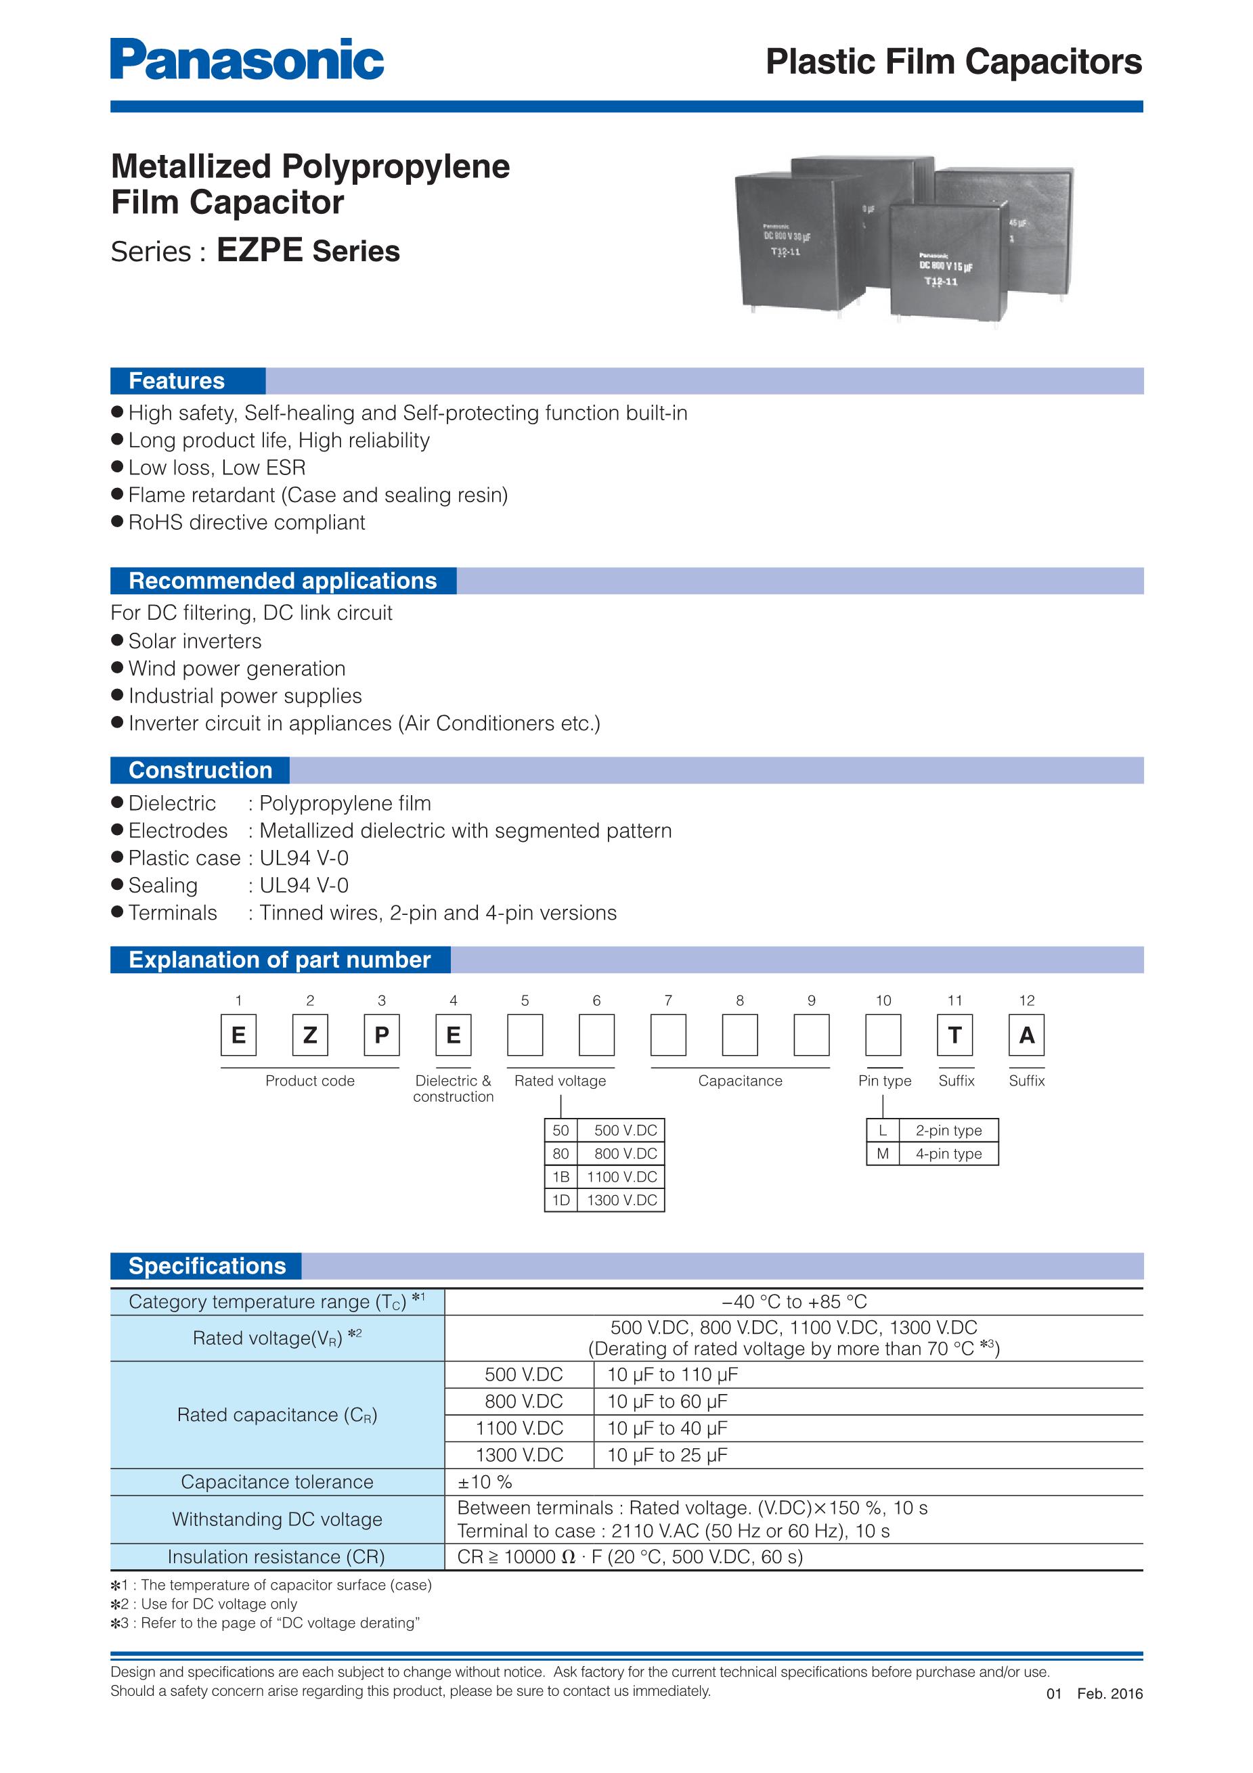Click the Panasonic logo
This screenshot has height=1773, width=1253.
pos(246,60)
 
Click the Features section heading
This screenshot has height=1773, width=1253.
pos(177,381)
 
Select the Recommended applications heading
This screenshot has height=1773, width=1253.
pos(282,581)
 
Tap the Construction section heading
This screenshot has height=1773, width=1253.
pos(200,770)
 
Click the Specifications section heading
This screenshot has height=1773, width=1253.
pos(206,1265)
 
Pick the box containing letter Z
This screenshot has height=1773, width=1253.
pos(310,1035)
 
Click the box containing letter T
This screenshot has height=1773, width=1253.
pos(955,1035)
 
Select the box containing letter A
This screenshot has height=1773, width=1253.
pos(1027,1035)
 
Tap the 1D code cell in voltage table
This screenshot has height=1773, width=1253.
pos(560,1200)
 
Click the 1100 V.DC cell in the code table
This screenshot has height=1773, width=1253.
pos(622,1177)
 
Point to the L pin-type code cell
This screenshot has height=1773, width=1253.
pos(883,1131)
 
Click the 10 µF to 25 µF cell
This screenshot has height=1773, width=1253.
pos(667,1455)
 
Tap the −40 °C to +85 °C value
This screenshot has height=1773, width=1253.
pos(794,1302)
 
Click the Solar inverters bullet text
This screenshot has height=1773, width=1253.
pos(195,641)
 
